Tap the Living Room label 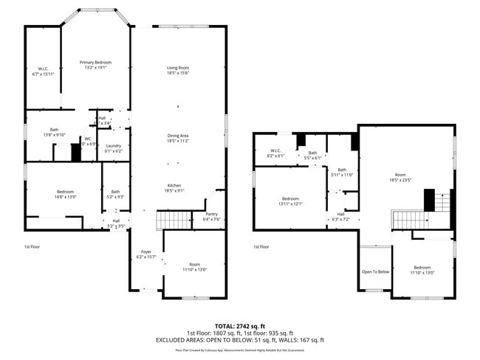[x=178, y=68]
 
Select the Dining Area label [x=178, y=136]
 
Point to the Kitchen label [x=174, y=185]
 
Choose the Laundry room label [x=113, y=145]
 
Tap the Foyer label [x=146, y=252]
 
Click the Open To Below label [x=375, y=271]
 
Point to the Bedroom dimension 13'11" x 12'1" [x=290, y=204]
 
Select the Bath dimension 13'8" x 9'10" [x=54, y=135]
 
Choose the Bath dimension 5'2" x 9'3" [x=116, y=197]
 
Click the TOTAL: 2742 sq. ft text [x=240, y=325]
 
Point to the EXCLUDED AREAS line [x=239, y=340]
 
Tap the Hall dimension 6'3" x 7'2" [x=340, y=219]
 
